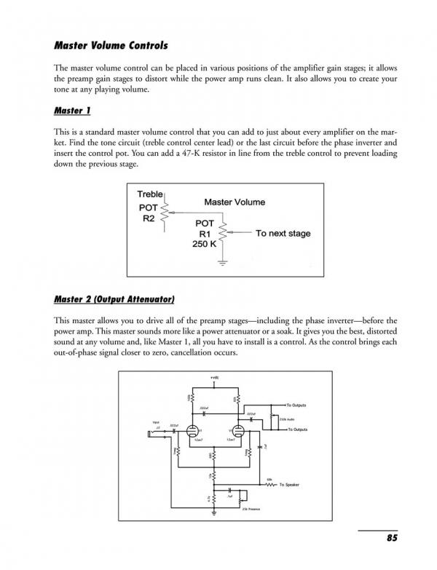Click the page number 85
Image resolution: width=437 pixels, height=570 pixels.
tap(391, 538)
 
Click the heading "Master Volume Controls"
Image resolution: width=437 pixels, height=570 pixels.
tap(111, 45)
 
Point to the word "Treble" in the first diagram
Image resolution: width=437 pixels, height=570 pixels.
tap(151, 194)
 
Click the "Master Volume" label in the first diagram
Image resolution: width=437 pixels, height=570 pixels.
tap(235, 202)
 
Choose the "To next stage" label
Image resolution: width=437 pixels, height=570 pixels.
tap(283, 234)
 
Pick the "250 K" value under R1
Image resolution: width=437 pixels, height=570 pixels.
tap(202, 245)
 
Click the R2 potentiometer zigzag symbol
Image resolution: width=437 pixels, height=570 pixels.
tap(165, 212)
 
